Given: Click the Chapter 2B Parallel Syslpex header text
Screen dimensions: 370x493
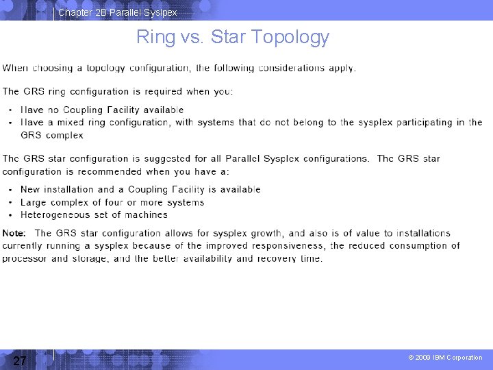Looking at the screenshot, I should tap(117, 12).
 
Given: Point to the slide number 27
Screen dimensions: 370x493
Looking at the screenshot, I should tap(20, 361).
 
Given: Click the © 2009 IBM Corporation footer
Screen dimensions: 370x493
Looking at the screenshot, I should tap(445, 358).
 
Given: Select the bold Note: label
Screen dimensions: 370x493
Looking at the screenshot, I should tap(14, 233).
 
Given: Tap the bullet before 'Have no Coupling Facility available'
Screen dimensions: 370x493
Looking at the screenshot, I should tap(10, 110).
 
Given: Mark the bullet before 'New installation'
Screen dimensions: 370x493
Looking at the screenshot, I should tap(10, 190).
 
